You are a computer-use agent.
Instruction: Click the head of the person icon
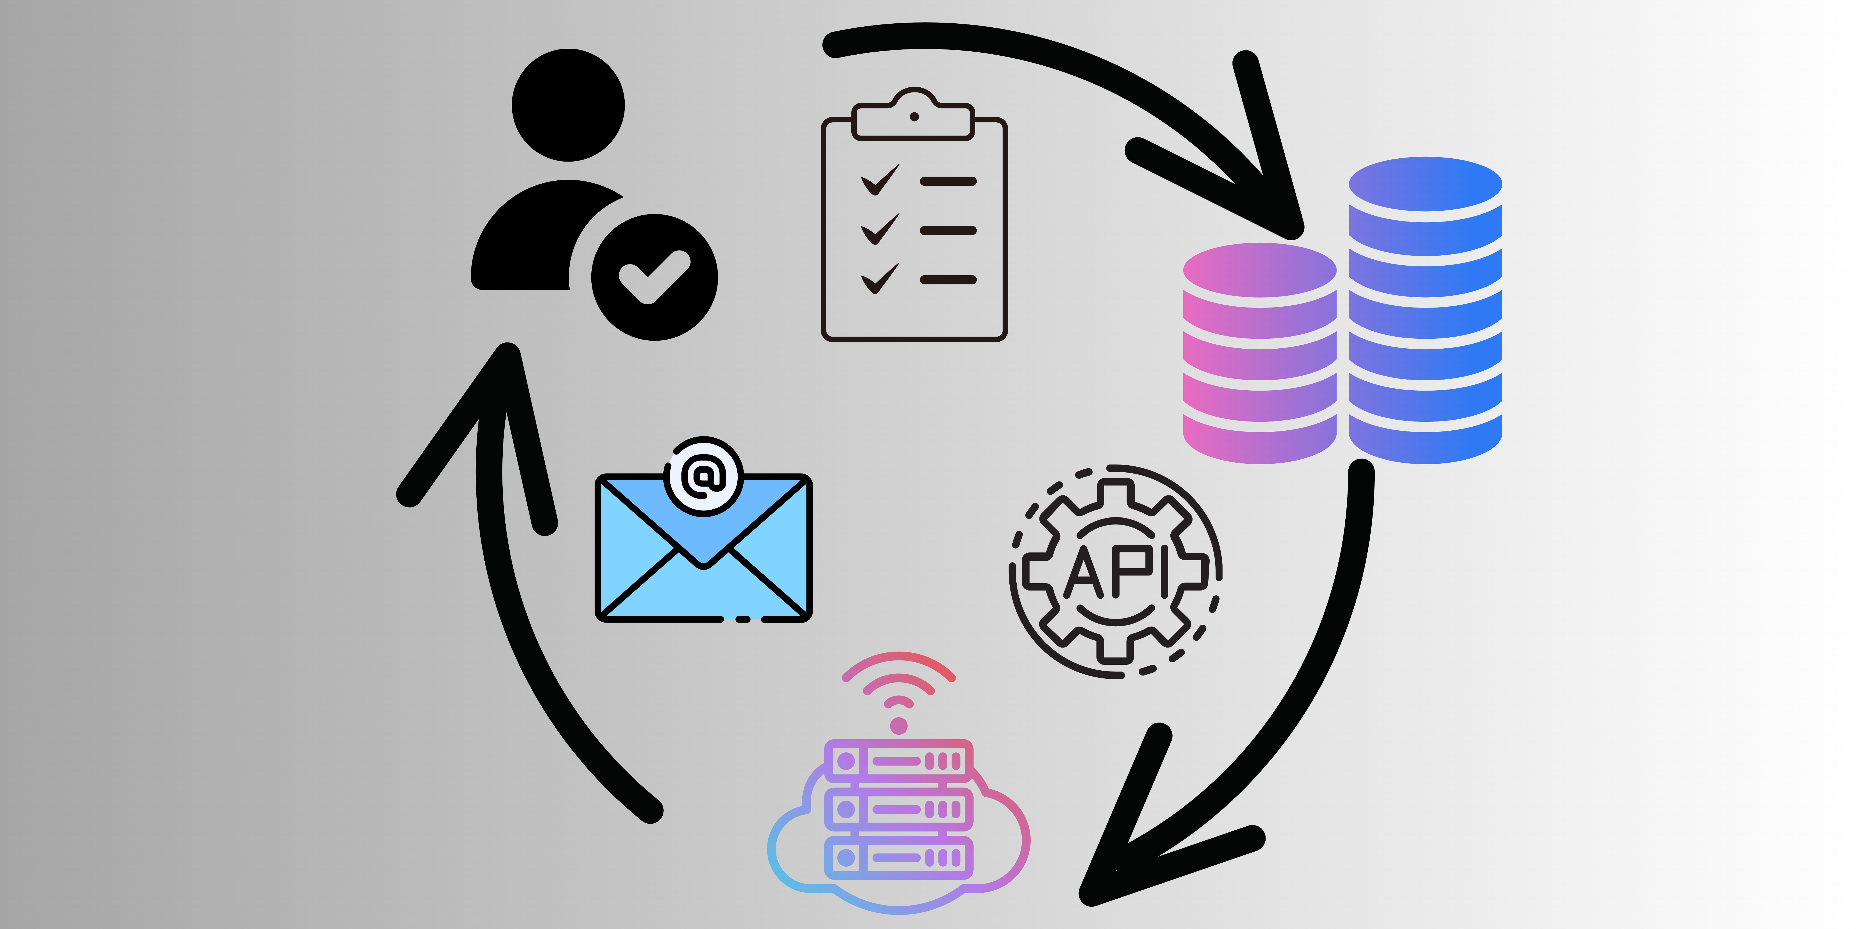[568, 105]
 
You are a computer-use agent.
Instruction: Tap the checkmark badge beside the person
[654, 277]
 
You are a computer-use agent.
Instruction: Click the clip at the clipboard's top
[914, 115]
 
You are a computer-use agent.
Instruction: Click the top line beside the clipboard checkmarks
[948, 181]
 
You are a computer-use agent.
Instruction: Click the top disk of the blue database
[1425, 184]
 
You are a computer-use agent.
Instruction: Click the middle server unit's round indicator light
[846, 809]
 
